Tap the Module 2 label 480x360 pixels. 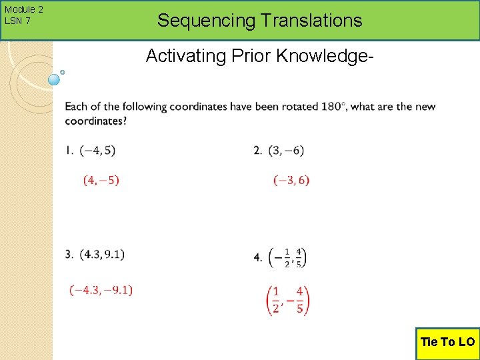[23, 9]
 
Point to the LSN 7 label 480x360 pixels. [17, 21]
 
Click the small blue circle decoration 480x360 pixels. [55, 79]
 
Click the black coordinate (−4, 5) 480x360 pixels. [97, 151]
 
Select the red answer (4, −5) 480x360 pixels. [101, 180]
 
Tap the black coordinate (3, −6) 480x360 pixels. [286, 151]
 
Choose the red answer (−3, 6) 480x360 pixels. [291, 180]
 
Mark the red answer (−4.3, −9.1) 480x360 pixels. [101, 289]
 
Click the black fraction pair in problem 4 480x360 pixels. [287, 257]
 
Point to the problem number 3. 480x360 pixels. [69, 254]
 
